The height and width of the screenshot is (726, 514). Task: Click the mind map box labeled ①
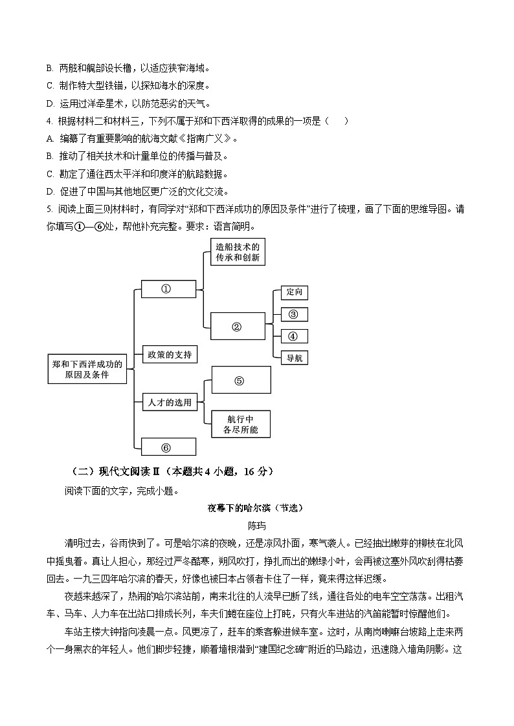pos(168,289)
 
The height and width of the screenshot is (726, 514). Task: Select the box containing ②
pos(238,326)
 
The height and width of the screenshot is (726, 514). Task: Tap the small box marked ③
pos(294,314)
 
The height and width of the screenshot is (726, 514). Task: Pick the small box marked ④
pos(294,336)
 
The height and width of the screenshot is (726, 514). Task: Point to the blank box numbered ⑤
pos(240,380)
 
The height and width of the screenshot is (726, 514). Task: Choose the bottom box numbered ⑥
pos(168,447)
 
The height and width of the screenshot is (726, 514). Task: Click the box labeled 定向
pos(294,292)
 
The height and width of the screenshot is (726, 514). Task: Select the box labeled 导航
pos(294,358)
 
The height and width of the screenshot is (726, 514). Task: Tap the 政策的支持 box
pos(168,354)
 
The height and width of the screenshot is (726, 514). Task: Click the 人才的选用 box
pos(168,402)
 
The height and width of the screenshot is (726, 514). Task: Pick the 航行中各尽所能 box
pos(240,424)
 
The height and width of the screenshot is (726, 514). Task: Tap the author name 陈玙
pos(257,526)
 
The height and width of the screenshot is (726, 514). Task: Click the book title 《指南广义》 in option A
pos(201,138)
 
